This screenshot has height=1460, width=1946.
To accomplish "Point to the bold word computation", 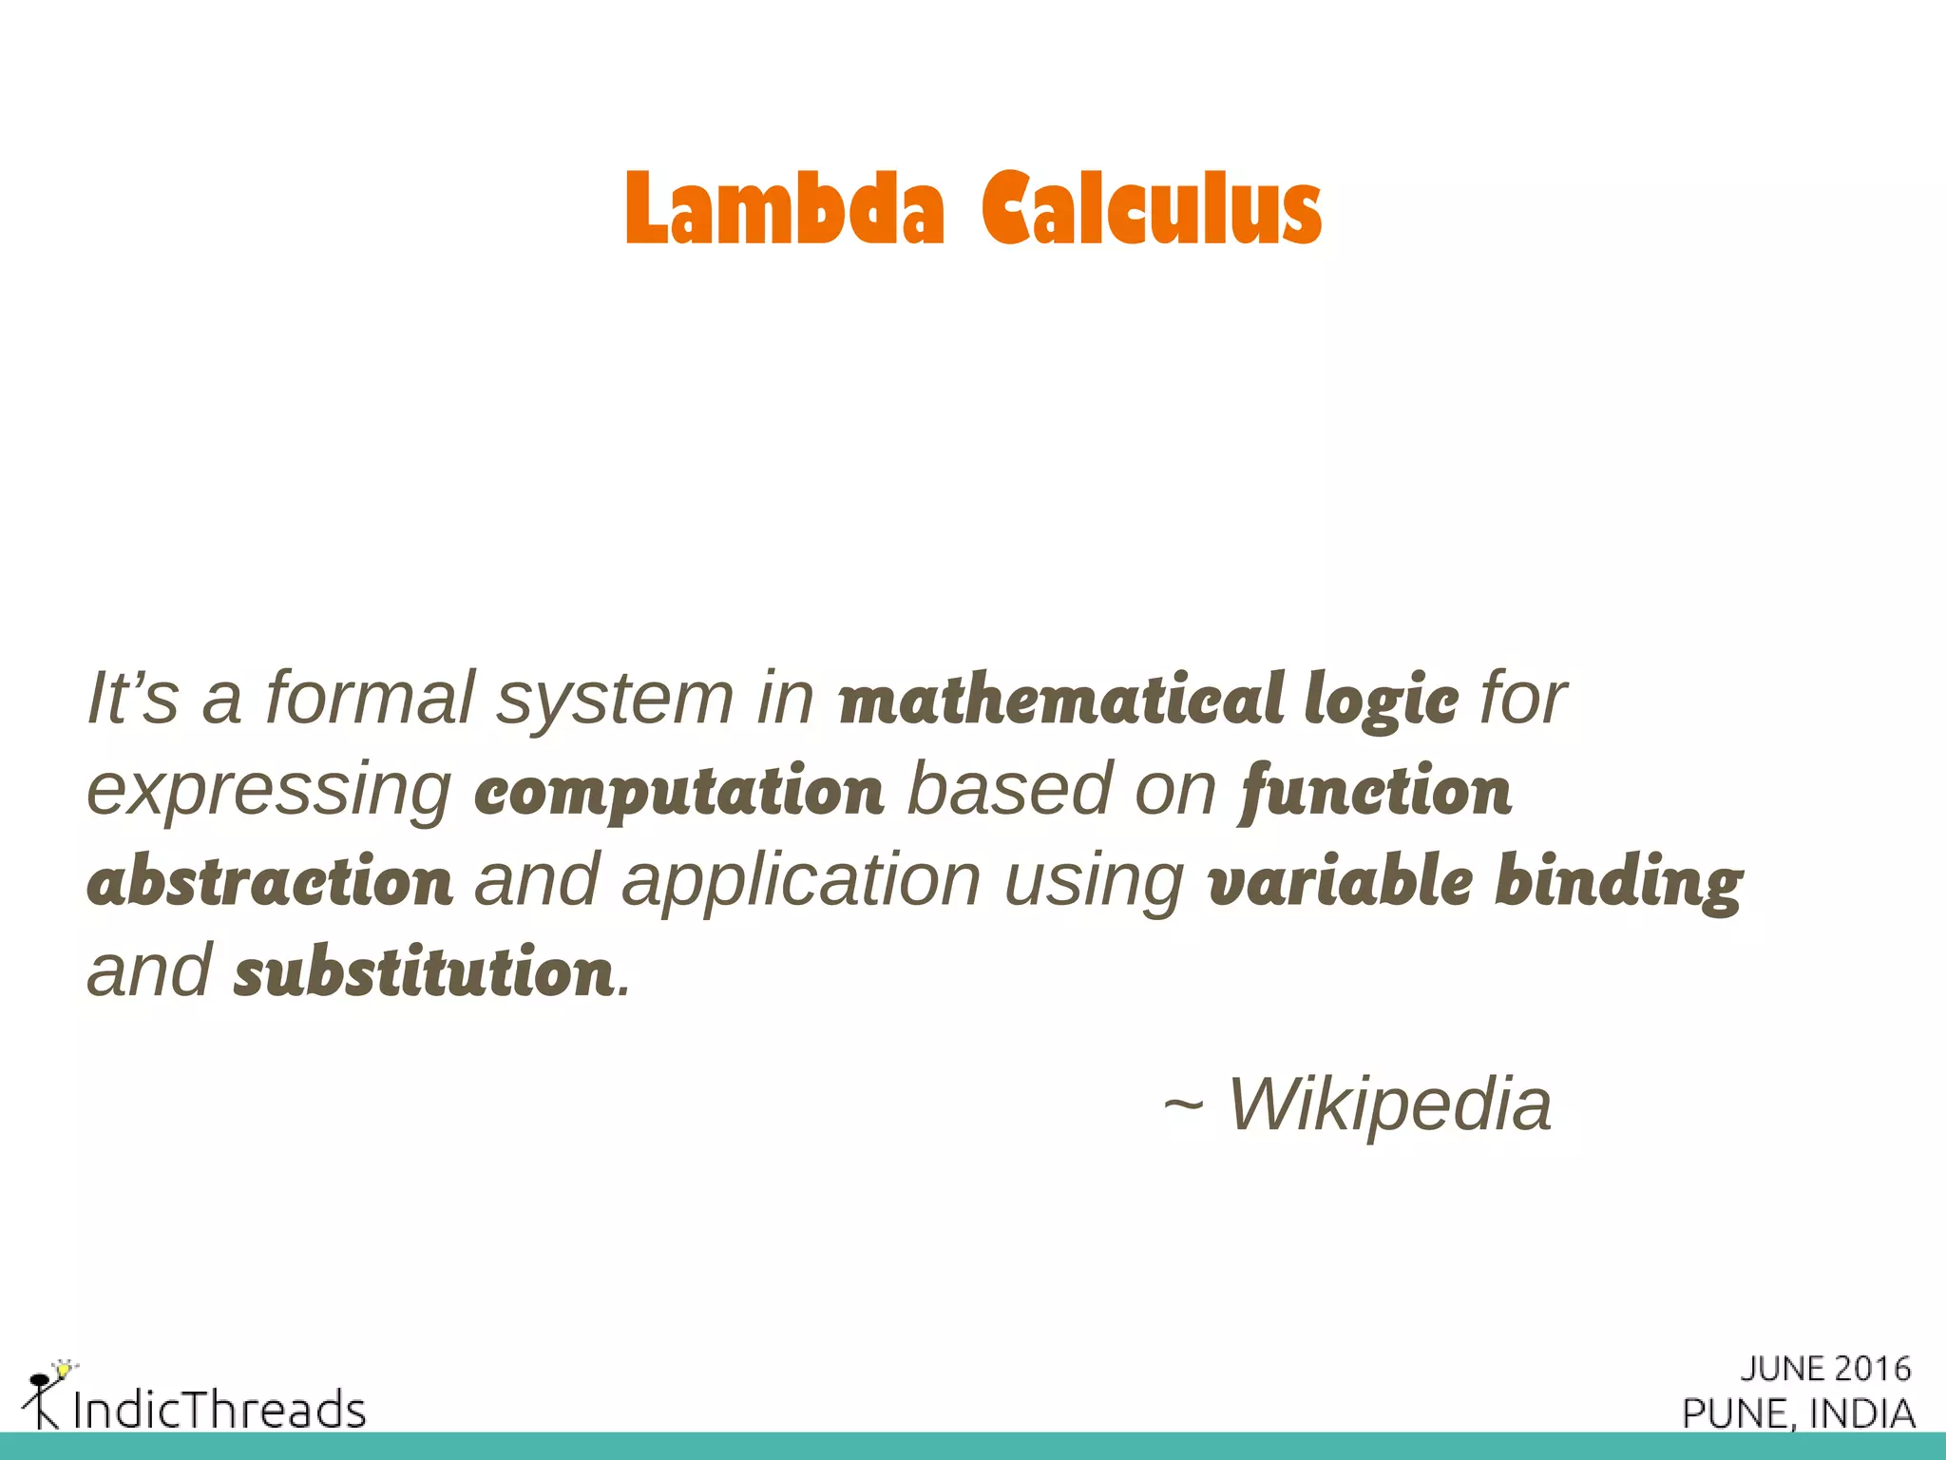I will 678,791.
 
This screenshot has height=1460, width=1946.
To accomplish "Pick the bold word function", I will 1376,791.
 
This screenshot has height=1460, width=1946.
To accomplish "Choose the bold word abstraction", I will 270,881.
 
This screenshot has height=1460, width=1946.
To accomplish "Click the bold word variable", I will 1340,881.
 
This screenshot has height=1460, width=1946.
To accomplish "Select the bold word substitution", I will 424,972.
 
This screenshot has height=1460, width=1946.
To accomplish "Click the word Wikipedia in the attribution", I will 1390,1105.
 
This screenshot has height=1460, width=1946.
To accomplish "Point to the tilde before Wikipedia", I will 1183,1105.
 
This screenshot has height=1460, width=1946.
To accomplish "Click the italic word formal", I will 370,699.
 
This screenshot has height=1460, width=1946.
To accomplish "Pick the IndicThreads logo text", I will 219,1409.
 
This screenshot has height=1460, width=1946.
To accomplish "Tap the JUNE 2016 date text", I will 1825,1369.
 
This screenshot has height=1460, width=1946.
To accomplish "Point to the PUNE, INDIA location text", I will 1799,1413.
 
